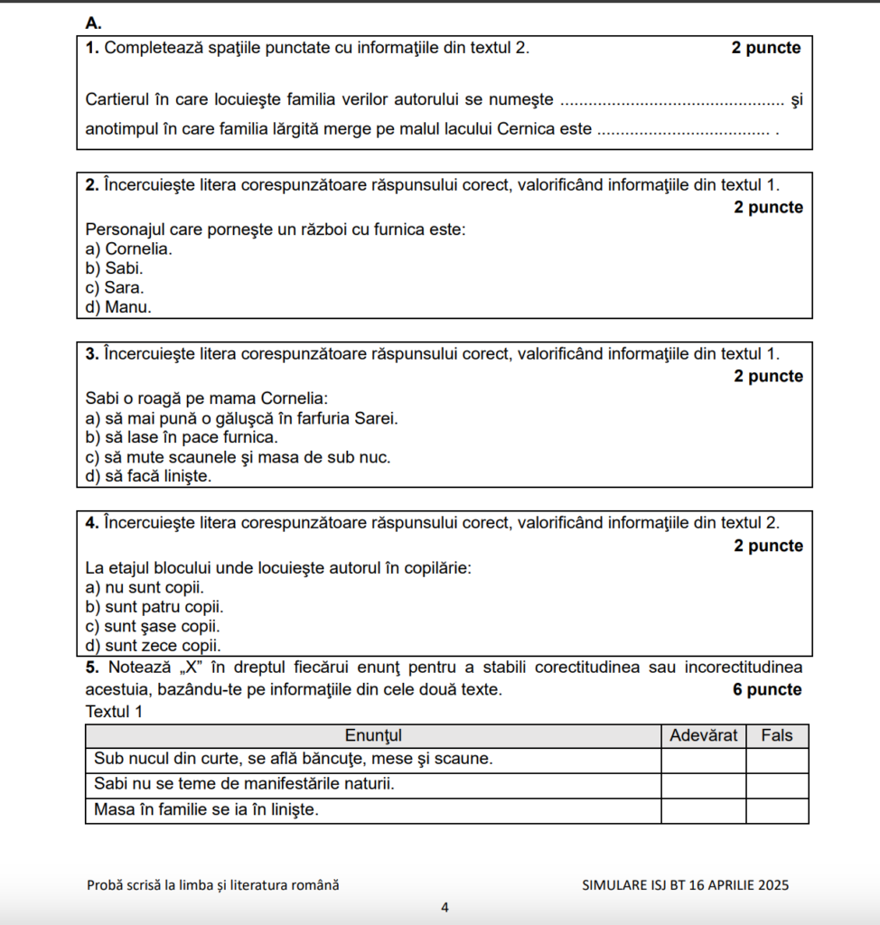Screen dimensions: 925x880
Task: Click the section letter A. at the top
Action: coord(94,23)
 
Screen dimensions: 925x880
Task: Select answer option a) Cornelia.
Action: coord(128,248)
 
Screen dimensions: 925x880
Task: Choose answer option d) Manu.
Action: coord(118,307)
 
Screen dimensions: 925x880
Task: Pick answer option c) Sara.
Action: coord(114,287)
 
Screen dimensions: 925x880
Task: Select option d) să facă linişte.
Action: coord(148,476)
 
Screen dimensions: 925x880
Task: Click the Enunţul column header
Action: coord(373,735)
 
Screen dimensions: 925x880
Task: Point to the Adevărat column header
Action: coord(704,735)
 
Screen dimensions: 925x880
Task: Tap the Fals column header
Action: coord(777,735)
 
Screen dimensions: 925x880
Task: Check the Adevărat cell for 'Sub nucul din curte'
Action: coord(704,760)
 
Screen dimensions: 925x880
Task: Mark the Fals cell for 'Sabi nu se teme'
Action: coord(777,785)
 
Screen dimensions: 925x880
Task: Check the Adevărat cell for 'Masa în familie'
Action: coord(704,810)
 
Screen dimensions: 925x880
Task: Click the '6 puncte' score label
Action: coord(767,690)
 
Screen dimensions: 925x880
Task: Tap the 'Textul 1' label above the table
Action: coord(114,712)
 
